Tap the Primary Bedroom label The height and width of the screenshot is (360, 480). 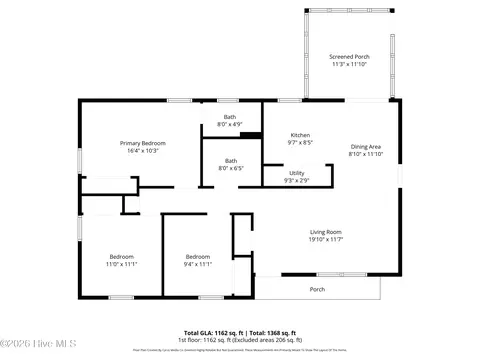[143, 143]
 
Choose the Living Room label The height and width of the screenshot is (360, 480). [325, 232]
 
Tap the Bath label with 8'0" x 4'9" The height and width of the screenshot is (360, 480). [230, 117]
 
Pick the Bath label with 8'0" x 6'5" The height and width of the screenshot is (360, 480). [230, 161]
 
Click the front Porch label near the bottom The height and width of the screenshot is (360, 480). [317, 289]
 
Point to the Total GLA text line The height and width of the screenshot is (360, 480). [239, 331]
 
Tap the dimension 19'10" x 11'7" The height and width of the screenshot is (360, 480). [325, 239]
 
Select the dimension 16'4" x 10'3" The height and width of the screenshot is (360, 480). [143, 150]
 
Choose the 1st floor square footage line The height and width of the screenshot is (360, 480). [239, 338]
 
